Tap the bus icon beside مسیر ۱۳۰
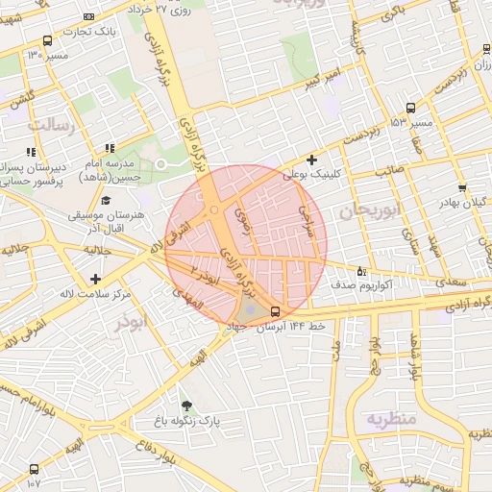tap(48, 41)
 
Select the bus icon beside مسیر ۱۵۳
tap(411, 109)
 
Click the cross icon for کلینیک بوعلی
tap(310, 160)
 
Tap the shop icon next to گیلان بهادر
tap(462, 188)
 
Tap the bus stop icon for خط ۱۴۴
tap(276, 311)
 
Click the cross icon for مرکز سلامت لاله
tap(95, 279)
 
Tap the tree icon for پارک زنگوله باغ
tap(186, 406)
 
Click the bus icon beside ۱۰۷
tap(35, 470)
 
